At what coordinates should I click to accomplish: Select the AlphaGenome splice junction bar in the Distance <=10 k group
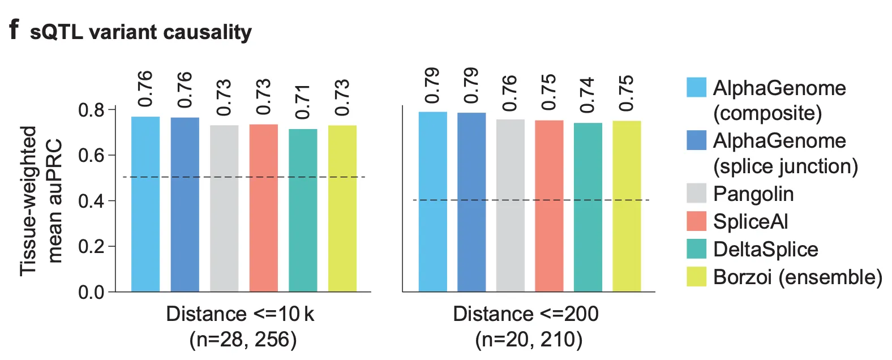coord(185,204)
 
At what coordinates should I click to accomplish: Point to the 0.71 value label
coord(303,102)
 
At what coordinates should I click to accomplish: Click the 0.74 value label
coord(587,95)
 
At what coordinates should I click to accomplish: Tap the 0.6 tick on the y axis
coord(91,155)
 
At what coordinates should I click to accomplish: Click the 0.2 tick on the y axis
coord(91,247)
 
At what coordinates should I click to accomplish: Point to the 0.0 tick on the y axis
coord(91,293)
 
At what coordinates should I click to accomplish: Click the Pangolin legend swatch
coord(696,193)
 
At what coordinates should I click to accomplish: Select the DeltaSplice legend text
coord(765,249)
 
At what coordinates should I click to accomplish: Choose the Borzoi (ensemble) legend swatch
coord(696,277)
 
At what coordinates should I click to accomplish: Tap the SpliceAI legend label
coord(751,221)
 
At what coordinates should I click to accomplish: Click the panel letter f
coord(14,29)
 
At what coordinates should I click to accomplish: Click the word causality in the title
coord(208,32)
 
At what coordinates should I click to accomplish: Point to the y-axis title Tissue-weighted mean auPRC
coord(40,201)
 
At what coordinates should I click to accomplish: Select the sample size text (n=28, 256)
coord(243,339)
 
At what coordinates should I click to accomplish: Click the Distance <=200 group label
coord(525,314)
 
